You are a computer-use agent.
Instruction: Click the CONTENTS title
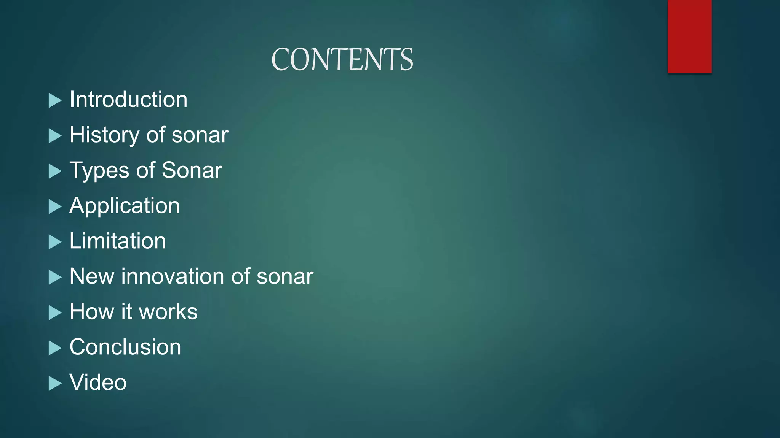point(342,60)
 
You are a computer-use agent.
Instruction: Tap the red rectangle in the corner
point(689,36)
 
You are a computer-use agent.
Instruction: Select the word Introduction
point(128,100)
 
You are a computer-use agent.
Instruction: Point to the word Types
point(99,170)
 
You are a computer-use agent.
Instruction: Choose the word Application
point(125,206)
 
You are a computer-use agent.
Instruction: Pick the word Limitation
point(118,241)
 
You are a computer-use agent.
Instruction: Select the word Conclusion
point(125,347)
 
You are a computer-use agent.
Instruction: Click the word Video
point(98,382)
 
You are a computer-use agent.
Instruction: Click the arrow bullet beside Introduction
point(55,101)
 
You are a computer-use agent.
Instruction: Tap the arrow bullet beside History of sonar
point(55,136)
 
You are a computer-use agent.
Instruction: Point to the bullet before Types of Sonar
point(55,171)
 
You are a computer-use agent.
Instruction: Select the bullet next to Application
point(55,207)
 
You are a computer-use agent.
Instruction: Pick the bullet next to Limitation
point(55,242)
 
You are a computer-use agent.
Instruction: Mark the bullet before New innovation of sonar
point(55,278)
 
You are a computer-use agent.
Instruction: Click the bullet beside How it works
point(55,313)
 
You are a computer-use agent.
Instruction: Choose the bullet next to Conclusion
point(55,348)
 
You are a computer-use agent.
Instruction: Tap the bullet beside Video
point(55,384)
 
